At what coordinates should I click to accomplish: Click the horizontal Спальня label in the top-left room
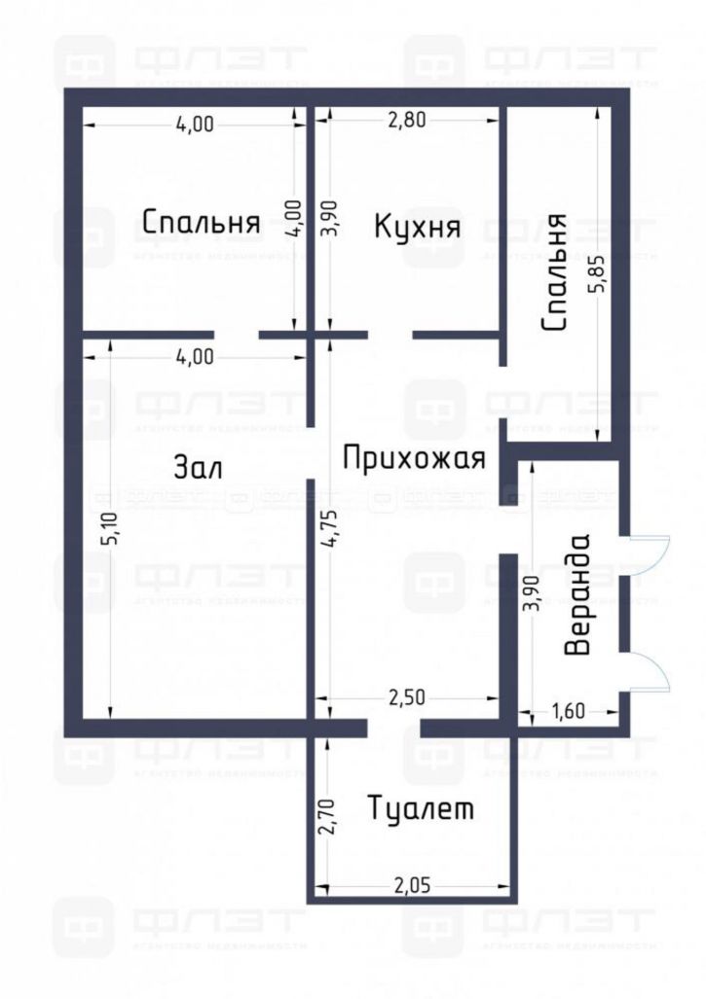click(x=201, y=223)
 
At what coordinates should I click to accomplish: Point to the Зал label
click(x=199, y=468)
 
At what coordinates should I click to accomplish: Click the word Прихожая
click(x=413, y=457)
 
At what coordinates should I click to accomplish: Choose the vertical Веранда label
click(x=579, y=594)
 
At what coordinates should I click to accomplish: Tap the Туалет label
click(x=421, y=808)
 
